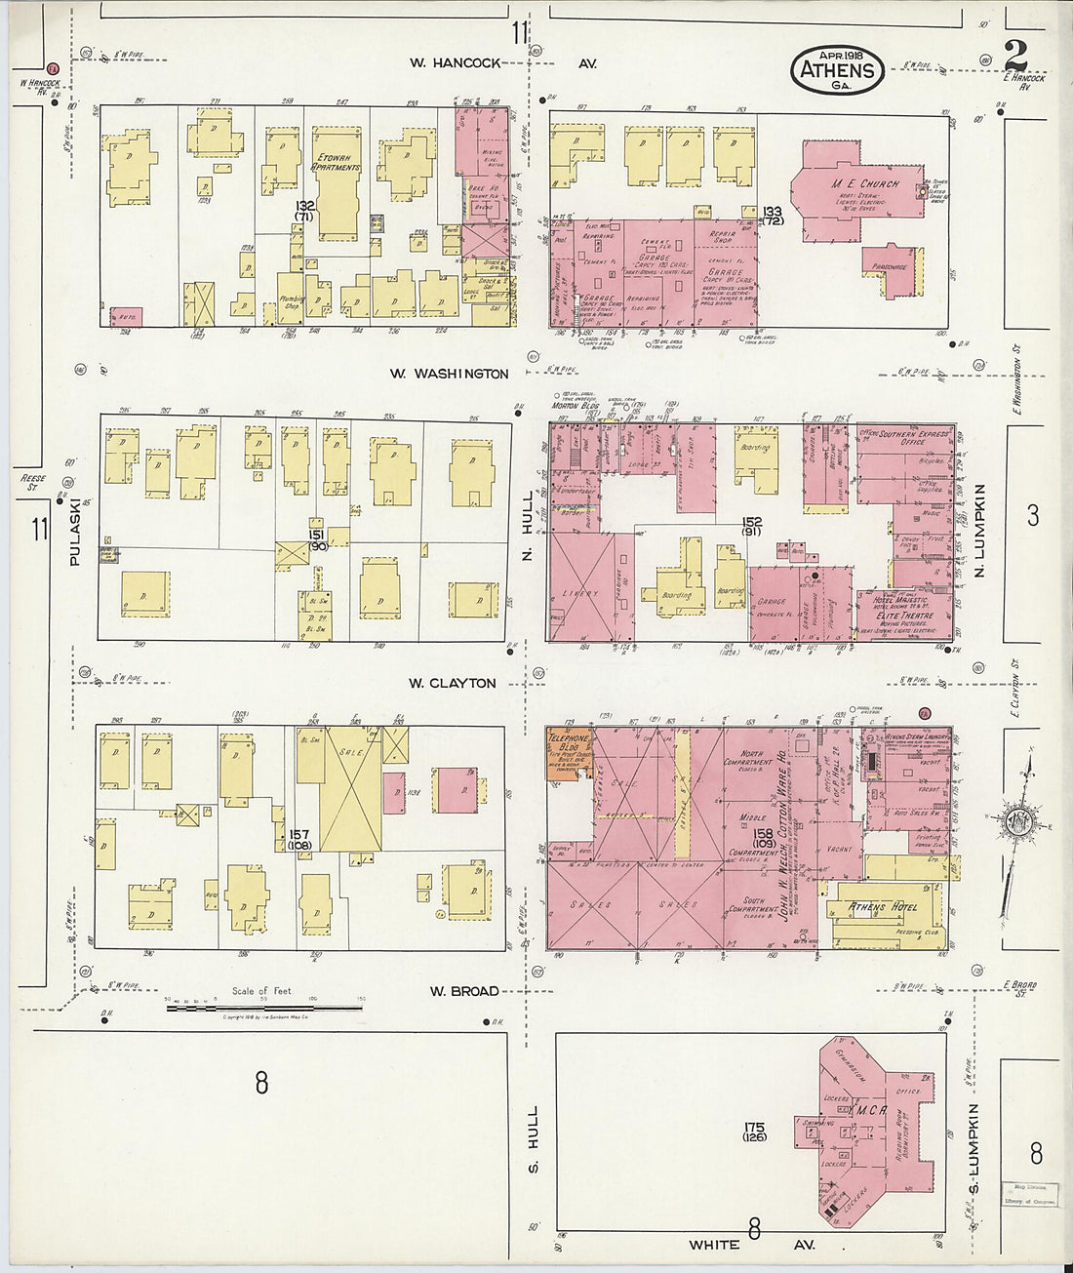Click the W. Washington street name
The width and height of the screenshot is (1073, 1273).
pyautogui.click(x=450, y=374)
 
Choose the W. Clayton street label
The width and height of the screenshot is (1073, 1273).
pyautogui.click(x=452, y=683)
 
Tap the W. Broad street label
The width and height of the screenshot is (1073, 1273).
pyautogui.click(x=464, y=991)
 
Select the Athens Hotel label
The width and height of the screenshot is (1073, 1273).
pyautogui.click(x=883, y=907)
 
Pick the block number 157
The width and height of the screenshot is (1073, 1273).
pyautogui.click(x=299, y=835)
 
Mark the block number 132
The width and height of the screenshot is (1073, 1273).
pyautogui.click(x=305, y=206)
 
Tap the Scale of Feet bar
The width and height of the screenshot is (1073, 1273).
pyautogui.click(x=263, y=1006)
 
